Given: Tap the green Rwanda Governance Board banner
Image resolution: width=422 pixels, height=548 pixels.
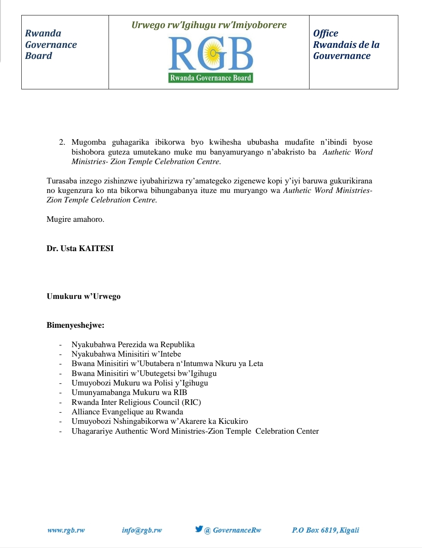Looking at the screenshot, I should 211,78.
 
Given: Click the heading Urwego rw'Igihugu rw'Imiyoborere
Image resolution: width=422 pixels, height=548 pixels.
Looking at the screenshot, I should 209,25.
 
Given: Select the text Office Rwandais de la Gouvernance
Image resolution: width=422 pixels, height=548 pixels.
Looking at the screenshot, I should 346,45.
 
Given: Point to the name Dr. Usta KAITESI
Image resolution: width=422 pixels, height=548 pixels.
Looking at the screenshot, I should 80,248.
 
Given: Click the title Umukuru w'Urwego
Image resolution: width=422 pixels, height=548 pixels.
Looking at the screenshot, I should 84,296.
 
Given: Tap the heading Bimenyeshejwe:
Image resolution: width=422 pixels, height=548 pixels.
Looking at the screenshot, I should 75,325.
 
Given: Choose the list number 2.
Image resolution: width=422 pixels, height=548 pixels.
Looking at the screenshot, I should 62,142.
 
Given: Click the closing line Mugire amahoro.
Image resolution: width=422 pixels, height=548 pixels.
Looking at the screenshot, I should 75,219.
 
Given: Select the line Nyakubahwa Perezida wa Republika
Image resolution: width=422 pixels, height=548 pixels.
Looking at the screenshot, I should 133,344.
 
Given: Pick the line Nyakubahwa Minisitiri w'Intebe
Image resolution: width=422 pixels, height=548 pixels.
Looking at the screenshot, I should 126,354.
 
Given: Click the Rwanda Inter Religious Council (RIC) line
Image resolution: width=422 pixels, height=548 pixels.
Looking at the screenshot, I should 136,402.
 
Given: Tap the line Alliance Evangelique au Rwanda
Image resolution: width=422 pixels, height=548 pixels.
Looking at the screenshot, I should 127,412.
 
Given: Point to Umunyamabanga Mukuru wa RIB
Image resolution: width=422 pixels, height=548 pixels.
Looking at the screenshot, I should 129,392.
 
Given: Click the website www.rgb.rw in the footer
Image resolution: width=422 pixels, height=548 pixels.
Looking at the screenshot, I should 66,530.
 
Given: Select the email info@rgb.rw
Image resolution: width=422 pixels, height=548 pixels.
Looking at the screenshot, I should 142,530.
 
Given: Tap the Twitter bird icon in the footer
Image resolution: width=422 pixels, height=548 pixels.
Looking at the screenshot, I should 199,529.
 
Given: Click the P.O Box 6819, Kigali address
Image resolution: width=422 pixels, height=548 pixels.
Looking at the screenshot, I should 325,530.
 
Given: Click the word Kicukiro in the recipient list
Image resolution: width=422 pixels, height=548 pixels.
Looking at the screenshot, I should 233,421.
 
